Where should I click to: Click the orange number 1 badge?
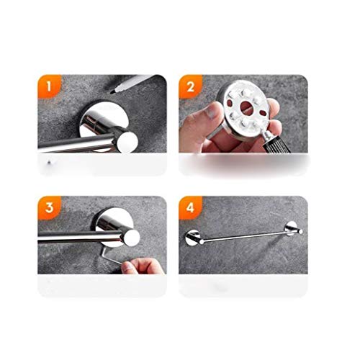pyautogui.click(x=49, y=86)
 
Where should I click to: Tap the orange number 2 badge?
pyautogui.click(x=190, y=86)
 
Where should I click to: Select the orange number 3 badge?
pyautogui.click(x=49, y=207)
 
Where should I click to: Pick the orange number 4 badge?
pyautogui.click(x=190, y=207)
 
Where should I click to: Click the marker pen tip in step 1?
pyautogui.click(x=112, y=92)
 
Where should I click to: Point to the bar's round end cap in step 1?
pyautogui.click(x=127, y=142)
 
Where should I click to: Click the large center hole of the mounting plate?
pyautogui.click(x=246, y=106)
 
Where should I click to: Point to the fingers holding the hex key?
pyautogui.click(x=143, y=266)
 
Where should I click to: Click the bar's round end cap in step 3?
pyautogui.click(x=130, y=238)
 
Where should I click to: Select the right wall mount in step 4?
pyautogui.click(x=291, y=228)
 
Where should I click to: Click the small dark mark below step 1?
pyautogui.click(x=49, y=163)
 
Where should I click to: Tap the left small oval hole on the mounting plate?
pyautogui.click(x=230, y=103)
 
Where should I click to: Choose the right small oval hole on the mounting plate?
pyautogui.click(x=264, y=112)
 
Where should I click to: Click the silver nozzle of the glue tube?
pyautogui.click(x=266, y=135)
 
